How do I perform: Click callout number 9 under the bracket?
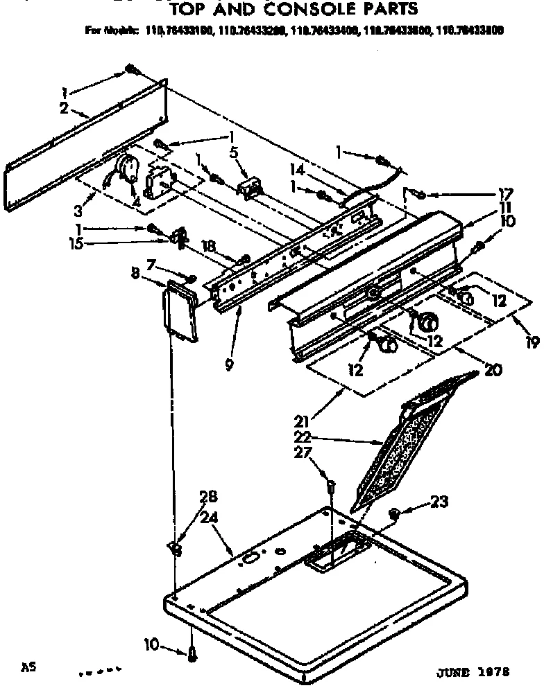point(229,364)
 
